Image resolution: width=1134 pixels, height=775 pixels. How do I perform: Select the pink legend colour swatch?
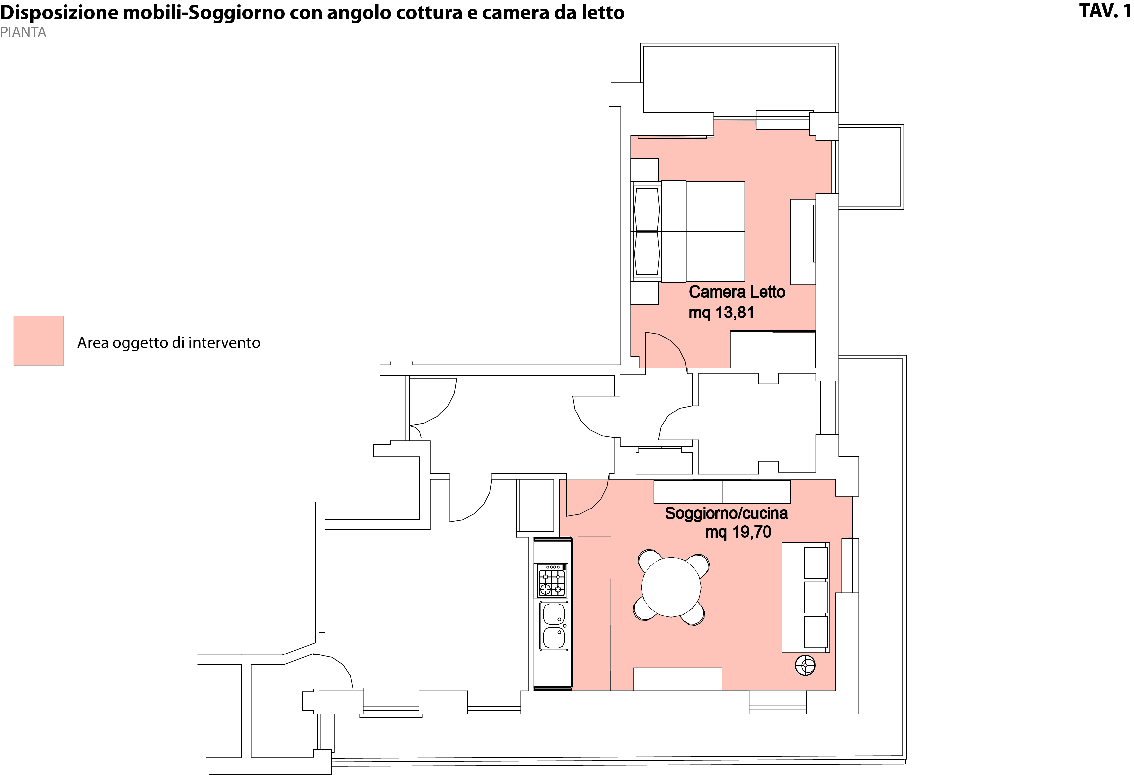coord(38,341)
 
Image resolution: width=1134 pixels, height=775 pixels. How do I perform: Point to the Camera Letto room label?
coord(737,292)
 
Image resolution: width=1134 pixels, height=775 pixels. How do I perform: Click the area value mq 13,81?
coord(721,312)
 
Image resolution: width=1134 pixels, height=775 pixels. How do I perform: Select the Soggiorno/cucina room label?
coord(726,513)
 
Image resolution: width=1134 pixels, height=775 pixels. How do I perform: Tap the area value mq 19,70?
coord(738,532)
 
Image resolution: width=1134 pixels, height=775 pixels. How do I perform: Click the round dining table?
coord(671,587)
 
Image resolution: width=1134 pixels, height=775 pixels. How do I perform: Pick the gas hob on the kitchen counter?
coord(551,581)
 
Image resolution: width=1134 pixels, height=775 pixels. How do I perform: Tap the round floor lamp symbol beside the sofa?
coord(805,665)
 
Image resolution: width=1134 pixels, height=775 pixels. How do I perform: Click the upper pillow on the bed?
coord(647,209)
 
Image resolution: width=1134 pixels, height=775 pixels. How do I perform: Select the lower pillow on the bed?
coord(647,254)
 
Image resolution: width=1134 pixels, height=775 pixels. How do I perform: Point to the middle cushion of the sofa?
coord(816,597)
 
